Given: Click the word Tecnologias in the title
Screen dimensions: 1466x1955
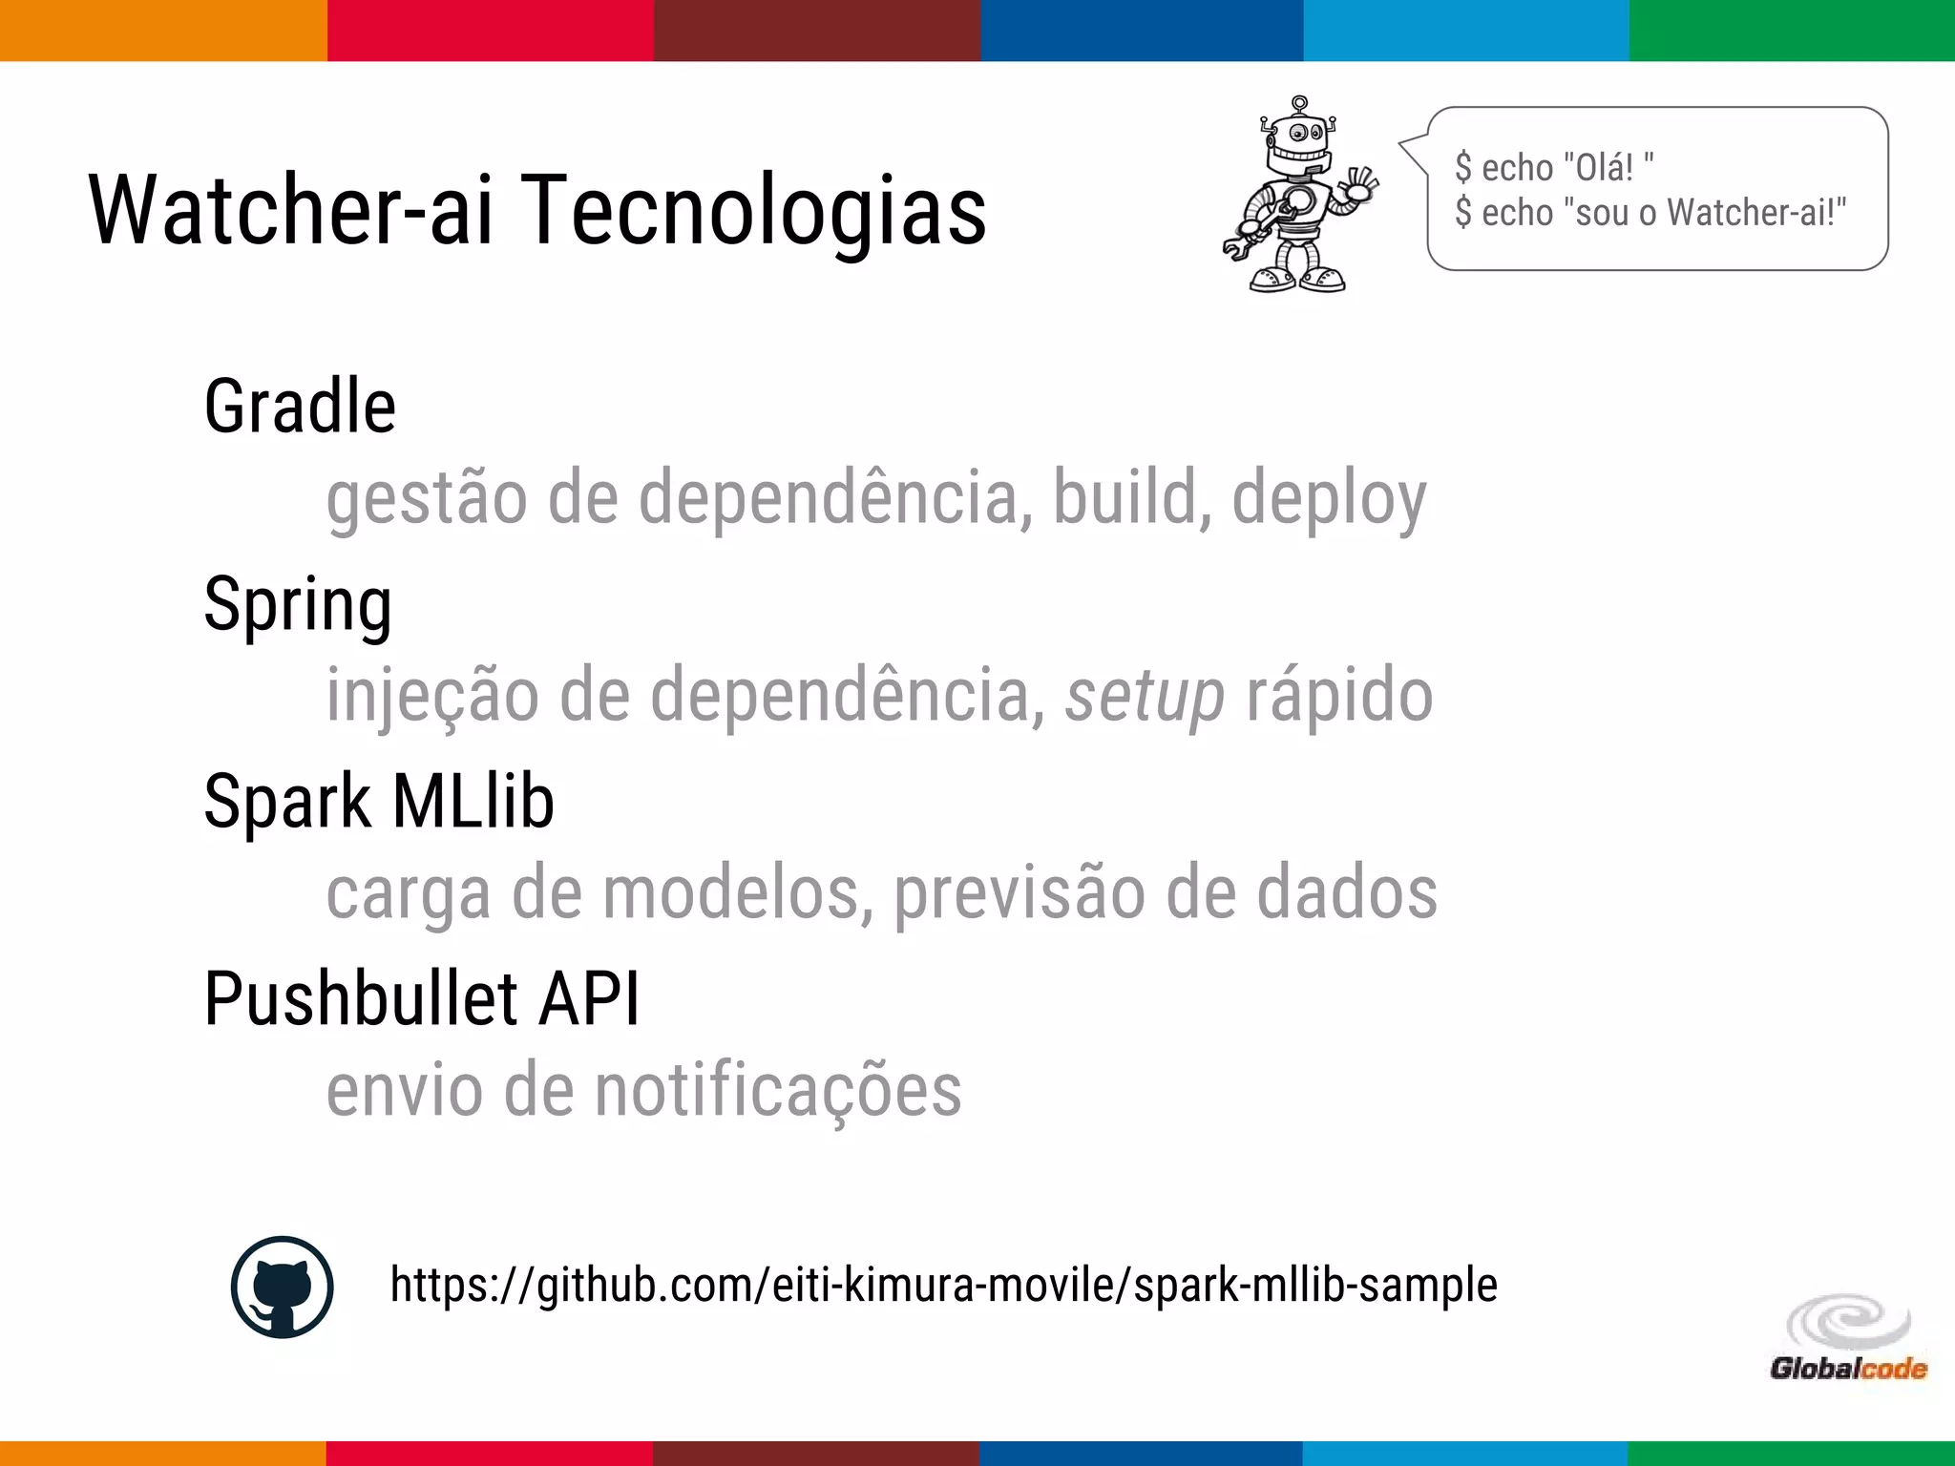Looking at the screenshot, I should [x=754, y=210].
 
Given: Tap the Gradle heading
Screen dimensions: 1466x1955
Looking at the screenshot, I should [x=300, y=407].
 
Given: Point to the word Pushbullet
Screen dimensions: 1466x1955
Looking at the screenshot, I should [x=361, y=999].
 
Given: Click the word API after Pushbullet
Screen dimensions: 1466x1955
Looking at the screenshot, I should [x=589, y=999].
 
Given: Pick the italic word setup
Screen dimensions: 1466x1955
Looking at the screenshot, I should [x=1145, y=697].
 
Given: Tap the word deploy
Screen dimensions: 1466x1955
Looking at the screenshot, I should [x=1329, y=498].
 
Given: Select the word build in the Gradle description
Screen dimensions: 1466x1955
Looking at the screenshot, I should [x=1125, y=498].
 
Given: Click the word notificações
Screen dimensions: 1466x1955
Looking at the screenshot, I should [x=778, y=1090].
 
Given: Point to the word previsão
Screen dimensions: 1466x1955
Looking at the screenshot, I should [x=1019, y=893].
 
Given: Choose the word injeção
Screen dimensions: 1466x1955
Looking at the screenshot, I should [x=432, y=697].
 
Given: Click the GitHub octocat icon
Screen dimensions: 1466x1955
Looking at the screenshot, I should [x=283, y=1287].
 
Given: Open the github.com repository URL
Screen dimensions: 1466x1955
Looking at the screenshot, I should [x=943, y=1285].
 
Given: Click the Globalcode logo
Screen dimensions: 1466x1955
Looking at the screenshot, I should [x=1848, y=1338].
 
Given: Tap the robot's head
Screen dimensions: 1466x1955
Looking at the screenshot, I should [x=1299, y=138].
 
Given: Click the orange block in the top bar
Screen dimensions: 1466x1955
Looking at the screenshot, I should [x=162, y=31].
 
